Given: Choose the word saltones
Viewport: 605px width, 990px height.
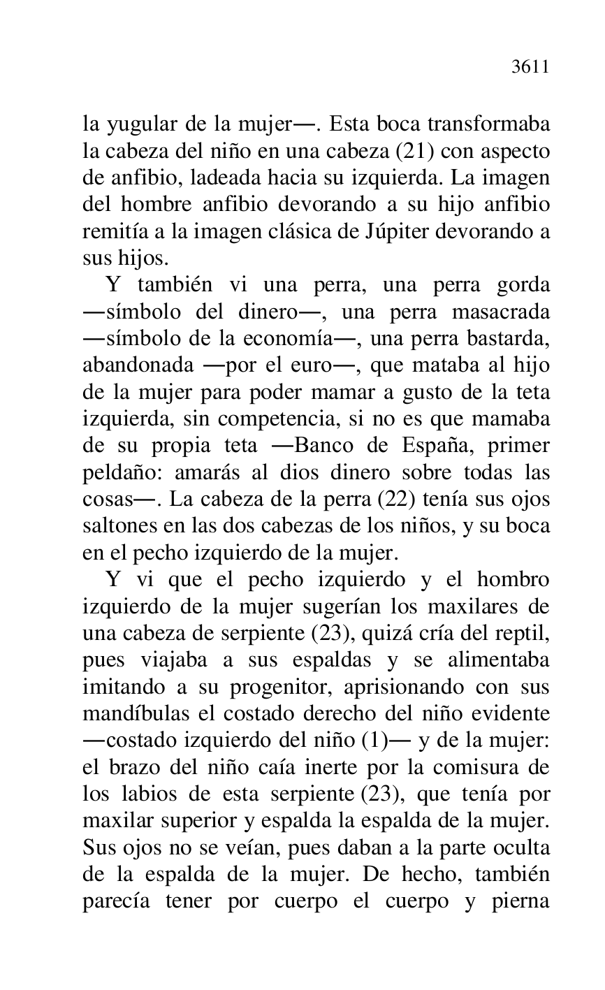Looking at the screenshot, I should tap(114, 527).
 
